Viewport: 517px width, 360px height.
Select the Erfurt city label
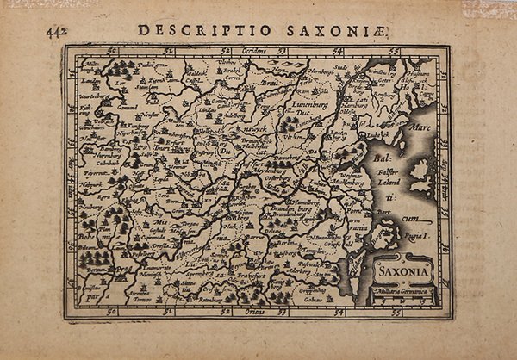(158, 146)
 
